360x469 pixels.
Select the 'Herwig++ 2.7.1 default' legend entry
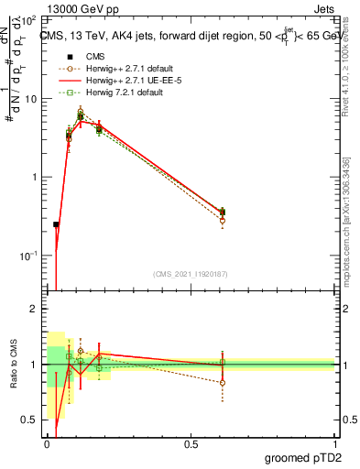(110, 68)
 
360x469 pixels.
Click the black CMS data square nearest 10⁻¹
(56, 224)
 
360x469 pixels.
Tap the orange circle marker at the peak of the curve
(81, 112)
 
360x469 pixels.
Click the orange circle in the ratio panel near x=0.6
(223, 383)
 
